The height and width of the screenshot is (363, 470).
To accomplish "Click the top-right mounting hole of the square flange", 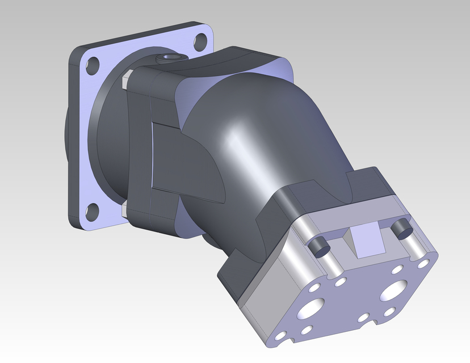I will (199, 41).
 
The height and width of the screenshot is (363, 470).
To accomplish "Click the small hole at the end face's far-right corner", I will (423, 265).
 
